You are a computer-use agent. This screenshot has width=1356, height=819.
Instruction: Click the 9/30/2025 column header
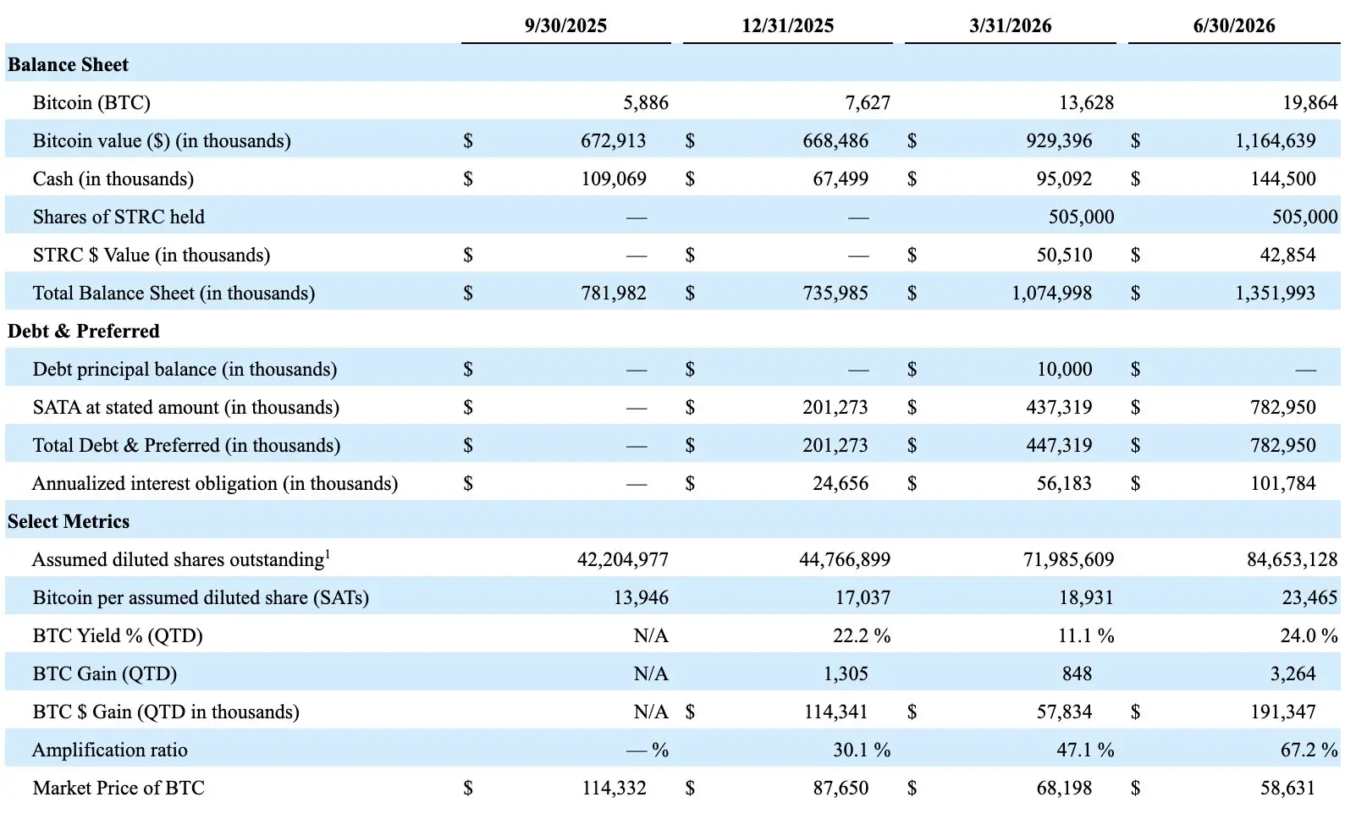tap(565, 25)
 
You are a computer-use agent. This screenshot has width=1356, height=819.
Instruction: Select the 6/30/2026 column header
tap(1234, 25)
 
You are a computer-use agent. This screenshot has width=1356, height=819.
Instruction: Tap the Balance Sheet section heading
tap(68, 64)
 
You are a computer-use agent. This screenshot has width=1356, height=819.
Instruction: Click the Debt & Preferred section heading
tap(84, 331)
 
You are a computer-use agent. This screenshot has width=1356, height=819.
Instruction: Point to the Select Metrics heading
tap(69, 521)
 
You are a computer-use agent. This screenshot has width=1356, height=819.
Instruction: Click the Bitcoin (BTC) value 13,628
tap(1086, 103)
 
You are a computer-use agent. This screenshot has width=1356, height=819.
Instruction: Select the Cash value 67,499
tap(841, 179)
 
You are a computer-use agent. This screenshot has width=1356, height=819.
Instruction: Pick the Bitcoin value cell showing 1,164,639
tap(1275, 141)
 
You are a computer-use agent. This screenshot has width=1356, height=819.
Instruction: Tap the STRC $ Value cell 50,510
tap(1064, 256)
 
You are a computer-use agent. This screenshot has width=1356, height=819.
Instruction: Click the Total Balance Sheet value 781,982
tap(613, 294)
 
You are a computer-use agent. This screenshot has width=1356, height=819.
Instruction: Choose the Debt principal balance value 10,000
tap(1064, 370)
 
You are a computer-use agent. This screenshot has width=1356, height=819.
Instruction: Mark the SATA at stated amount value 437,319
tap(1059, 408)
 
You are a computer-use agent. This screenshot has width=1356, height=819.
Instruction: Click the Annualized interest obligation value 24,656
tap(841, 484)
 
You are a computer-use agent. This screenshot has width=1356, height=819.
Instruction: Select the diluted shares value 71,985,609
tap(1068, 560)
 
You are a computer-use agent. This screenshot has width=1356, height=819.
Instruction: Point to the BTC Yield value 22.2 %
tap(862, 635)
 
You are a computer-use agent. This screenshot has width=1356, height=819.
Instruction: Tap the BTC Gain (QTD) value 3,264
tap(1293, 673)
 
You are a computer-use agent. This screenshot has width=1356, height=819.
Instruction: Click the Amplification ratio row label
tap(109, 750)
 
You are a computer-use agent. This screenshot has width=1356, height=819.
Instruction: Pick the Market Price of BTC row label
tap(119, 789)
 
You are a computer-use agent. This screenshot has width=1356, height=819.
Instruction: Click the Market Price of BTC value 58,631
tap(1287, 789)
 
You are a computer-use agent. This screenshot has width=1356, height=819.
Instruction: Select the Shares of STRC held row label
tap(119, 217)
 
